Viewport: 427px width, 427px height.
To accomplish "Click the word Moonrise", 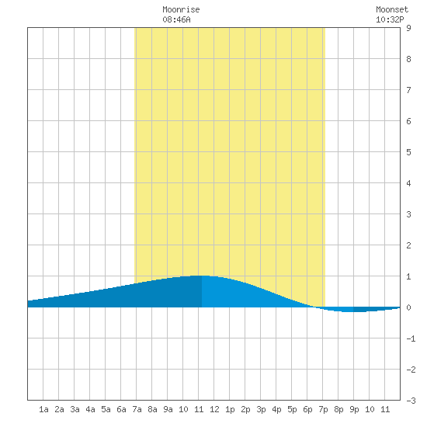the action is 181,9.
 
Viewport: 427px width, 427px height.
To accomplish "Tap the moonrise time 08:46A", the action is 176,19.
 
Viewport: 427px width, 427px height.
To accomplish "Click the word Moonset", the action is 392,9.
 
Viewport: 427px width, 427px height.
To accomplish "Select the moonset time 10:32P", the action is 390,19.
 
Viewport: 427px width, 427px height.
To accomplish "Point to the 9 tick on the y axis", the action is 408,28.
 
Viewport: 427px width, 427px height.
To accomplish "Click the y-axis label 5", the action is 408,152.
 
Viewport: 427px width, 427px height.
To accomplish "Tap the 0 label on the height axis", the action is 408,307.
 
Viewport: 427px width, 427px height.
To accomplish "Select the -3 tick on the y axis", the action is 411,401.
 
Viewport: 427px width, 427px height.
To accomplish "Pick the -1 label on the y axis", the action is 411,338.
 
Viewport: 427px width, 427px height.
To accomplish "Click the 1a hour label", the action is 43,409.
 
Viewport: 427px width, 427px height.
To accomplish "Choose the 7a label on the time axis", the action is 137,409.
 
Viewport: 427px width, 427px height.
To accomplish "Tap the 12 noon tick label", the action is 214,409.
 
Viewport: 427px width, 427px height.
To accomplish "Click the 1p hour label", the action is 230,409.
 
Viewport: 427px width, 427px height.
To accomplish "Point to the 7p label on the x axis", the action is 323,409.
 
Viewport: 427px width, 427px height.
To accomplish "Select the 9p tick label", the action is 354,409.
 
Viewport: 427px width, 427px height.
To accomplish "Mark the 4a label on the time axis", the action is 90,409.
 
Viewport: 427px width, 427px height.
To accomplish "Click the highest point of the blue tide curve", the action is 201,276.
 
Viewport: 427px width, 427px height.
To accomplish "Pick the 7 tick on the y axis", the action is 408,90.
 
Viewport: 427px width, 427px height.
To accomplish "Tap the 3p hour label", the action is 261,409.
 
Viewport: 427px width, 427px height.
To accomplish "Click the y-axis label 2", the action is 408,245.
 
